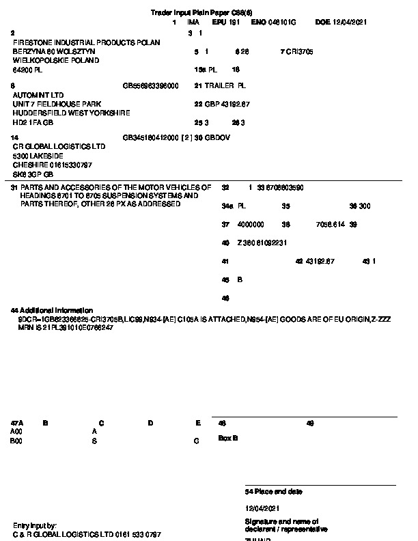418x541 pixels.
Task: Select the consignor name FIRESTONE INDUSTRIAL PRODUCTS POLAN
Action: (x=87, y=42)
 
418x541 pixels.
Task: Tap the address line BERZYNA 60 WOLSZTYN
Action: (x=55, y=51)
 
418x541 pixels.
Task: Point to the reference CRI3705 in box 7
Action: (x=301, y=51)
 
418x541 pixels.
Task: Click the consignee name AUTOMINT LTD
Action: (x=38, y=95)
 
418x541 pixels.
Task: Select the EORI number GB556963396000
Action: (x=151, y=86)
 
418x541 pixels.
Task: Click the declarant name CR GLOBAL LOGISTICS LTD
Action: (x=59, y=147)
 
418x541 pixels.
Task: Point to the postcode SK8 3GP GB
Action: (x=33, y=174)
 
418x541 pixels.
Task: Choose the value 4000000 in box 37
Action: (x=251, y=224)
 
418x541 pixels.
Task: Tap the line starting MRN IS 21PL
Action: (x=66, y=328)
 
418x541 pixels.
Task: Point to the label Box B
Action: (x=228, y=438)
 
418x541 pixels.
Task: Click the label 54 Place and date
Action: (x=274, y=492)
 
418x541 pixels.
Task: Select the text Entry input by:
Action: (x=35, y=525)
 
